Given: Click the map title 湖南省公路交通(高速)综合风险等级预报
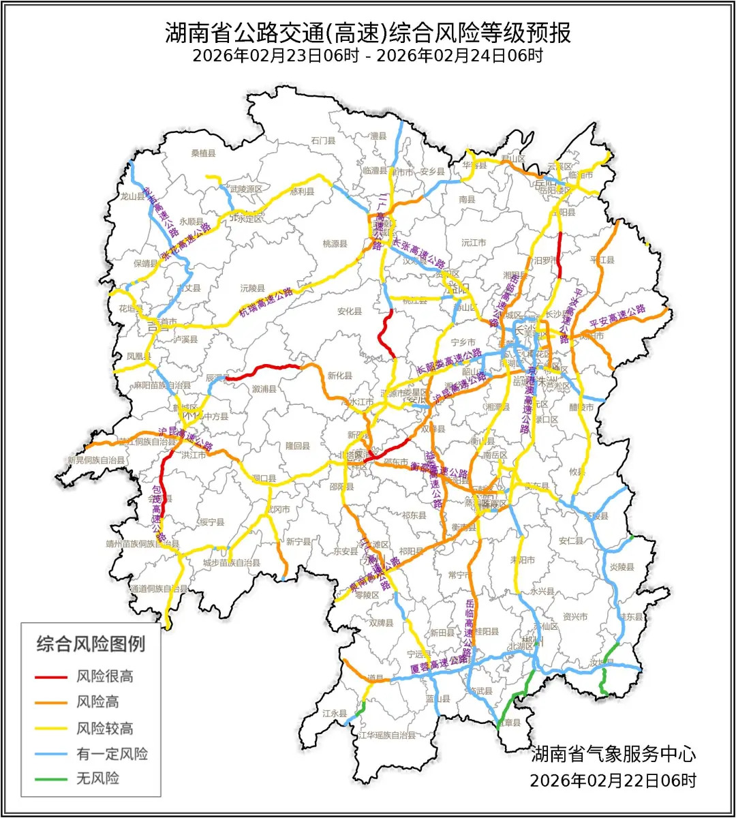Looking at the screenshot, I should pyautogui.click(x=368, y=33).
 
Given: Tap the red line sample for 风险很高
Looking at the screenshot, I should pyautogui.click(x=51, y=677).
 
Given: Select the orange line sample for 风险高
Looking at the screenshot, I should pyautogui.click(x=51, y=702).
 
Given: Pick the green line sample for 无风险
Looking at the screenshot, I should pyautogui.click(x=51, y=778).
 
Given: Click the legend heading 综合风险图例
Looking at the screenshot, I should pyautogui.click(x=91, y=643).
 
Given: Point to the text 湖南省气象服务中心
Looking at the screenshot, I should pyautogui.click(x=613, y=754).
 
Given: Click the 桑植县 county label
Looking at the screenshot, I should pyautogui.click(x=203, y=153).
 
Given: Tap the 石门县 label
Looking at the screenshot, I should pyautogui.click(x=324, y=141).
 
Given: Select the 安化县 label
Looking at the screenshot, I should pyautogui.click(x=350, y=312).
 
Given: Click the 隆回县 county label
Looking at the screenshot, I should pyautogui.click(x=297, y=446).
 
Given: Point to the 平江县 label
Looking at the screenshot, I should pyautogui.click(x=602, y=260).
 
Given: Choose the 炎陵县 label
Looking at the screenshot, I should pyautogui.click(x=622, y=567).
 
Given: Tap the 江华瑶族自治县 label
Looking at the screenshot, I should pyautogui.click(x=386, y=736).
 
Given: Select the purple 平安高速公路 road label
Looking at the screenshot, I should pyautogui.click(x=617, y=316).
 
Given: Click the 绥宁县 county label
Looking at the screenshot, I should pyautogui.click(x=212, y=523).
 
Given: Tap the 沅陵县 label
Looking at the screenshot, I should pyautogui.click(x=252, y=288).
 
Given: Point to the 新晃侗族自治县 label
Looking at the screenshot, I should pyautogui.click(x=95, y=461).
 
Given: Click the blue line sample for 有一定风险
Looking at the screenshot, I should pyautogui.click(x=51, y=754).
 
